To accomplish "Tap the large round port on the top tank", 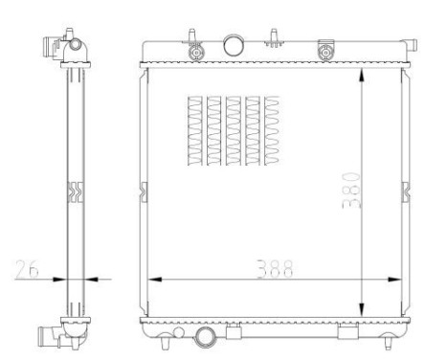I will pos(234,44).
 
